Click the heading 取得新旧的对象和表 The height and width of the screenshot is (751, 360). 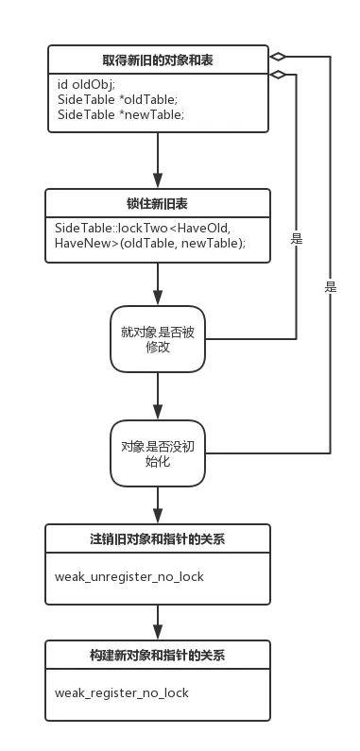(158, 60)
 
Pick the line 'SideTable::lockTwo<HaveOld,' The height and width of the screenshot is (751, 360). (142, 229)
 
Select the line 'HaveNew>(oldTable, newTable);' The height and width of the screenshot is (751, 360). (149, 244)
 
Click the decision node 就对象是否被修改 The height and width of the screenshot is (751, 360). (158, 338)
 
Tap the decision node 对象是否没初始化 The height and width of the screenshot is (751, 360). (158, 455)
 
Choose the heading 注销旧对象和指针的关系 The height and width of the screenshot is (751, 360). (158, 539)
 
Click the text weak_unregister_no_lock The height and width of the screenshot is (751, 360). (129, 576)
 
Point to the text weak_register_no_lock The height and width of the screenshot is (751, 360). (122, 692)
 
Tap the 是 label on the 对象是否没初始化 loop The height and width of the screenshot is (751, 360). (330, 286)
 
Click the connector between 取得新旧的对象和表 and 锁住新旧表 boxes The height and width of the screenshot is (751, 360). (158, 162)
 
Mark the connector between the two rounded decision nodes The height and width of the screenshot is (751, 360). (158, 397)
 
